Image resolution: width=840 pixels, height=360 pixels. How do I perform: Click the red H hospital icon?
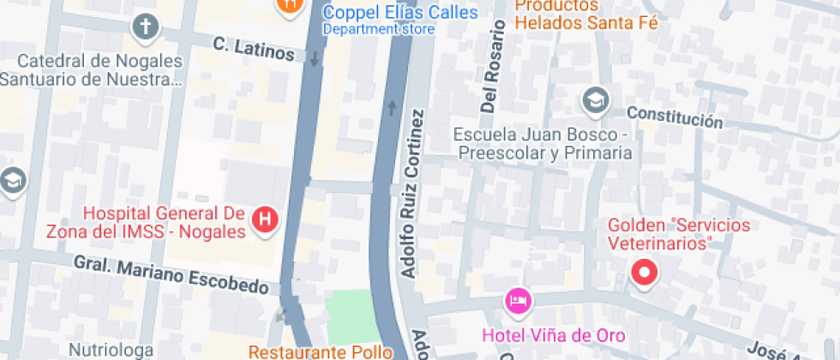(266, 219)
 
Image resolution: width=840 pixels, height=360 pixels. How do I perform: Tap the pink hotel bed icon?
(518, 300)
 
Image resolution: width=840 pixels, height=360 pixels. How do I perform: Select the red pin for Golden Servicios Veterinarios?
(643, 273)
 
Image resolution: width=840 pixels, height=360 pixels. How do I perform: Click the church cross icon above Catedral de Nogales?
(146, 27)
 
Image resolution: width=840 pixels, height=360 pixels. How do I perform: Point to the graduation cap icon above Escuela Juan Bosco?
(593, 100)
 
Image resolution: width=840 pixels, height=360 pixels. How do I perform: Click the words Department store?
(378, 29)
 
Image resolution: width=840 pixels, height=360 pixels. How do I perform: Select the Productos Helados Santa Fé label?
(587, 15)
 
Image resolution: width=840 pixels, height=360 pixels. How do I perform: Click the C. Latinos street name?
(253, 48)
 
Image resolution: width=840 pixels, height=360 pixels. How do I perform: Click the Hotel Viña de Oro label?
(554, 334)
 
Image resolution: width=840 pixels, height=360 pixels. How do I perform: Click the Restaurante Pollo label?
(320, 351)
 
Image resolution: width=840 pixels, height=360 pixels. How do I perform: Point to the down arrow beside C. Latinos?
(315, 58)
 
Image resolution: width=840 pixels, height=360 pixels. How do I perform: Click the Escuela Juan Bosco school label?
(543, 144)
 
